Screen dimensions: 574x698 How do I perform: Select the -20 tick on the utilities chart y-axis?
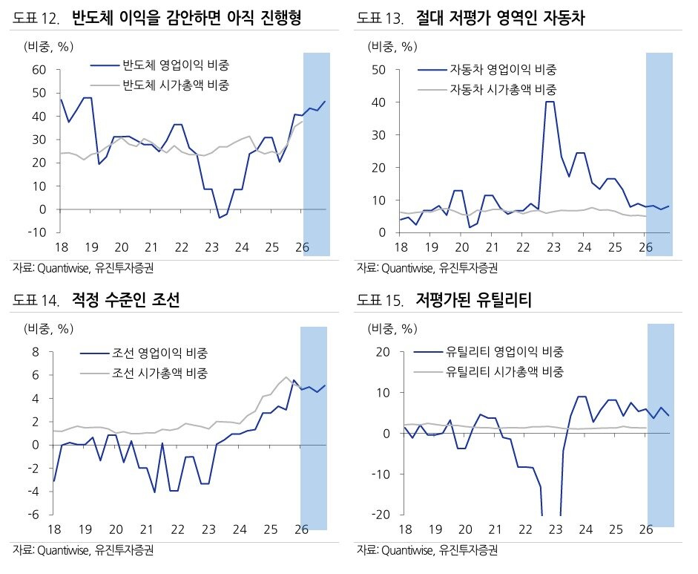point(381,515)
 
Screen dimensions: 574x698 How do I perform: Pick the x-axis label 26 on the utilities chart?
point(645,529)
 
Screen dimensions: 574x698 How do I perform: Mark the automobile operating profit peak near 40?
point(550,102)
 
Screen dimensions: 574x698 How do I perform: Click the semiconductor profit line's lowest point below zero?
point(220,218)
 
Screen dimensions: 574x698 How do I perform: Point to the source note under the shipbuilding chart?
point(88,550)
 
